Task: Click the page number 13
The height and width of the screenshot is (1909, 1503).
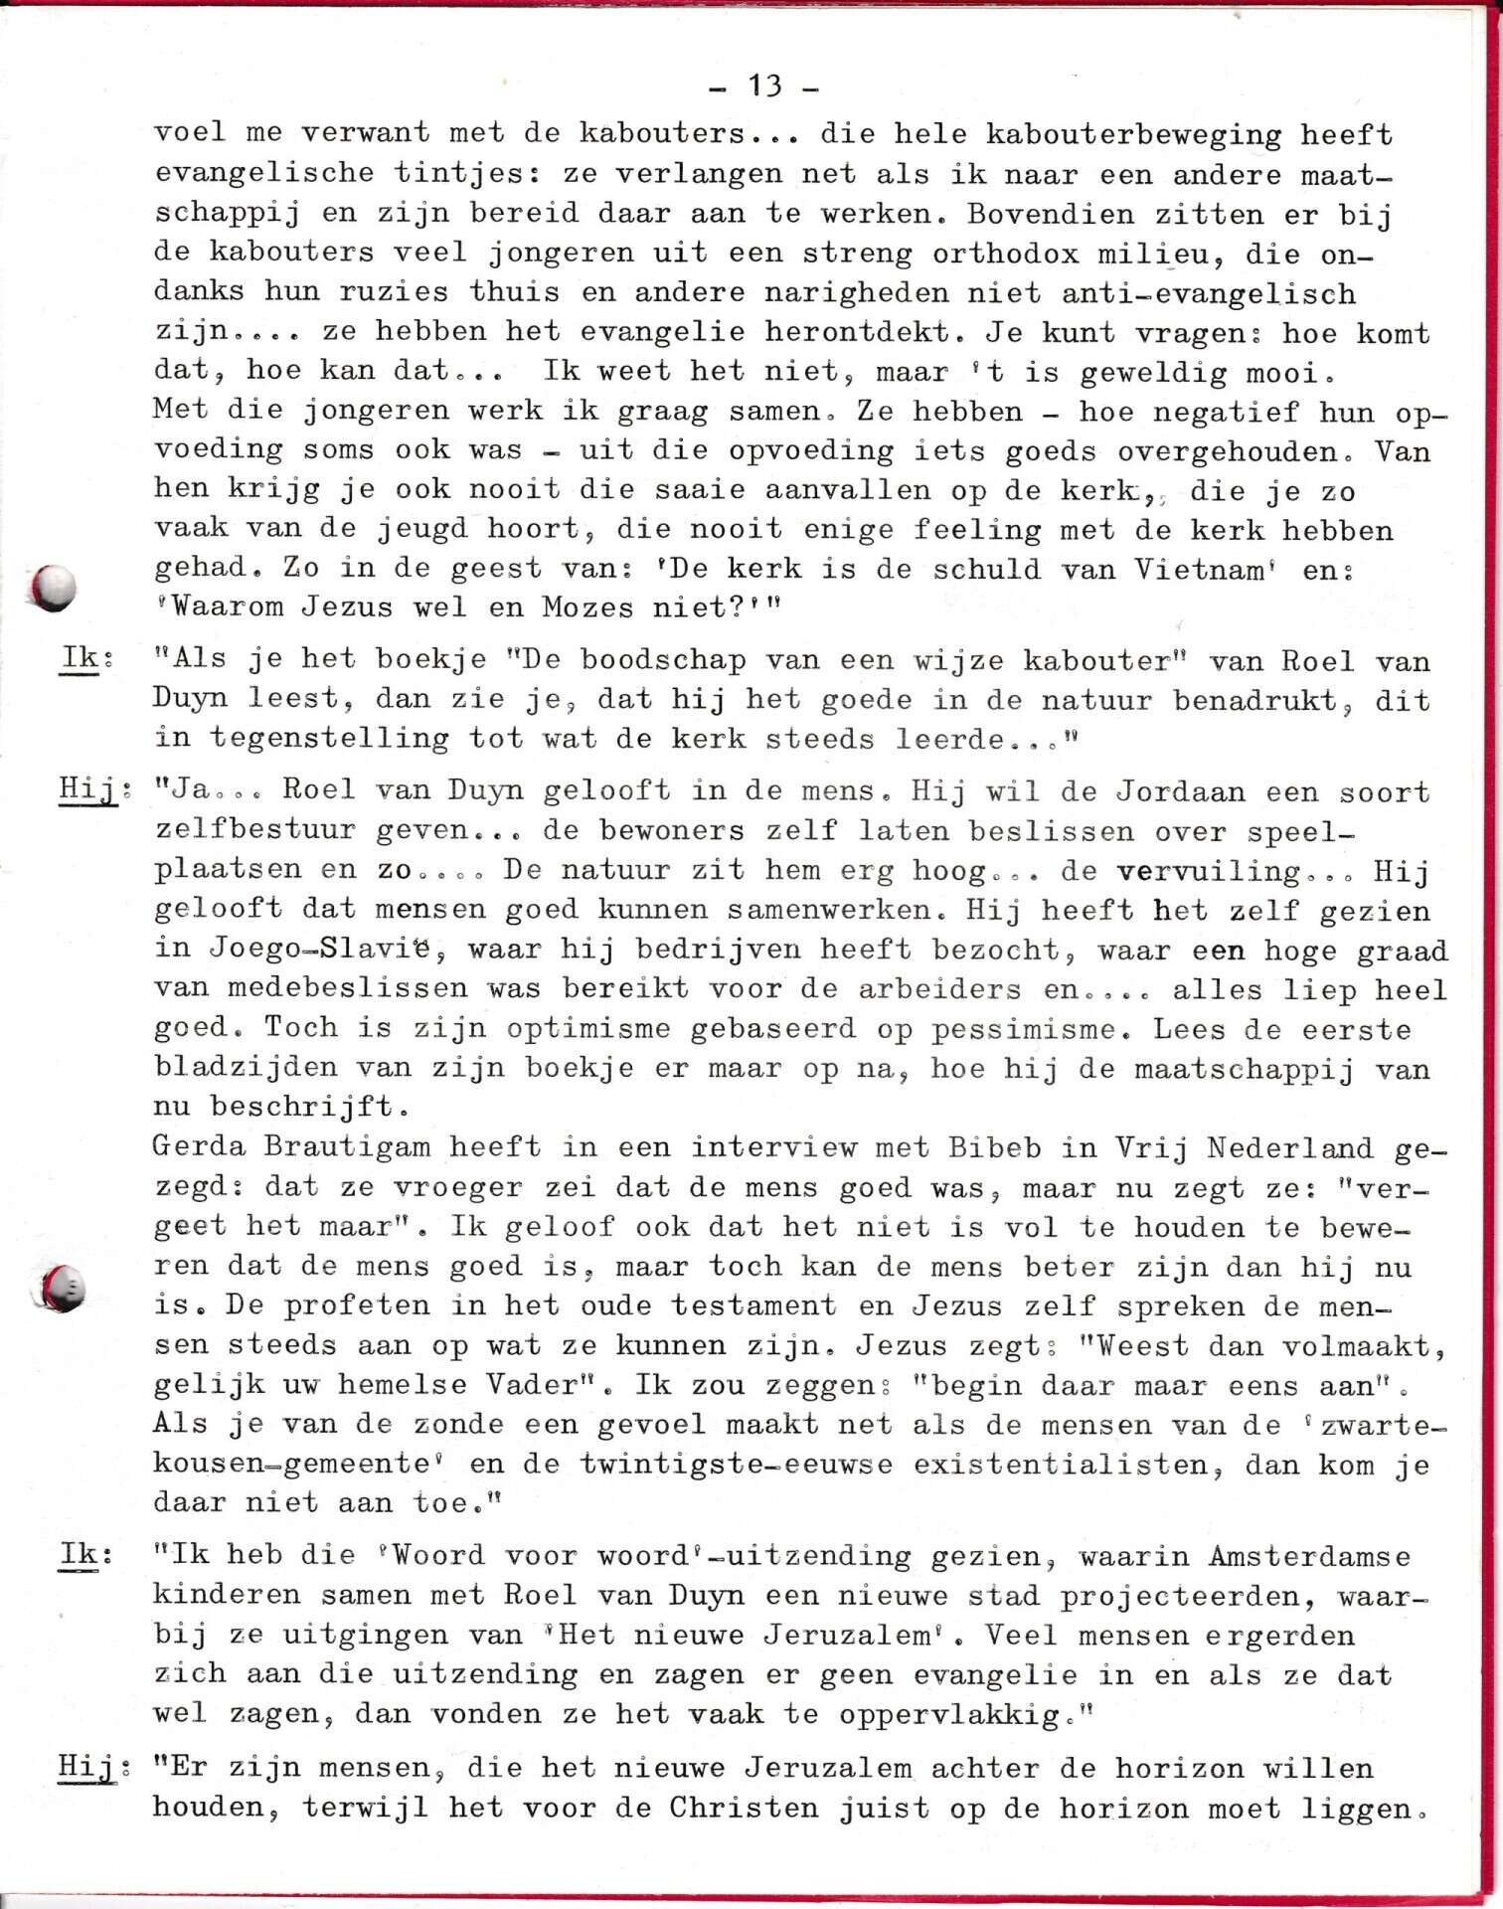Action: (764, 87)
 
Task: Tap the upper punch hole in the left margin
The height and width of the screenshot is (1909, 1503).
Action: (54, 588)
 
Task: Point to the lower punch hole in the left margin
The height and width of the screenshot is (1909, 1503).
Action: (62, 1290)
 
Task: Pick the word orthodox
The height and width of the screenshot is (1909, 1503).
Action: (1005, 254)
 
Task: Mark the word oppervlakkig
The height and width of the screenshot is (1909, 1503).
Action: (949, 1715)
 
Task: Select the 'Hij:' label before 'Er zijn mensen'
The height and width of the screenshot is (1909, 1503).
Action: (88, 1767)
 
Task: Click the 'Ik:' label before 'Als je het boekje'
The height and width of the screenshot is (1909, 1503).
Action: (82, 658)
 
